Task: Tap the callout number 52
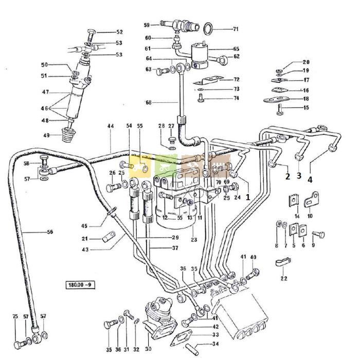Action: [x=119, y=32]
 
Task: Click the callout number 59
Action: [x=147, y=25]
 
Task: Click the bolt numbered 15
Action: [x=279, y=107]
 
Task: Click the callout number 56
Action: [x=49, y=232]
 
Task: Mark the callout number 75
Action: [x=15, y=316]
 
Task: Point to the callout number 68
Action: [x=148, y=102]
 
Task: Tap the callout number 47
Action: [x=45, y=92]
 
